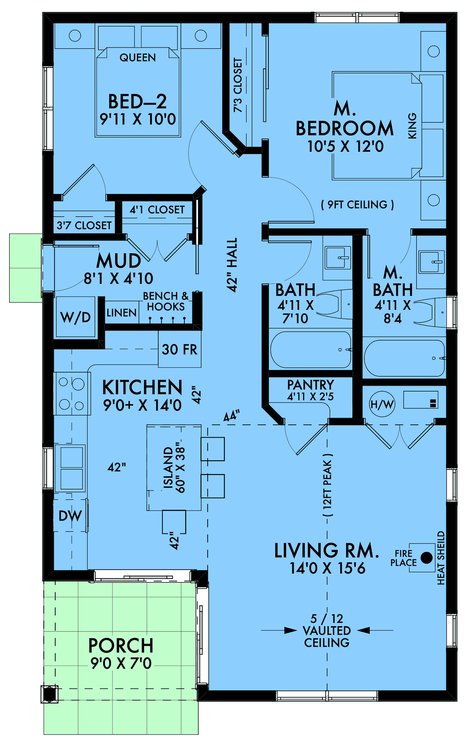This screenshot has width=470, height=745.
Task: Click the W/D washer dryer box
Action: click(76, 317)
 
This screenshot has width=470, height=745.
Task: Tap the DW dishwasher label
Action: click(70, 516)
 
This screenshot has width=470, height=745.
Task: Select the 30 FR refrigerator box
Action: click(180, 349)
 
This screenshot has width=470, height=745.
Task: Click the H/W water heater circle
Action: click(382, 404)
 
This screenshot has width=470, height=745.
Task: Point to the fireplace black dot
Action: click(427, 558)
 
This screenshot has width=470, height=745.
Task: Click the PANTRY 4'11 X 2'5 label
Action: click(311, 390)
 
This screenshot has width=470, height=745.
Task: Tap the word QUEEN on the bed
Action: click(137, 58)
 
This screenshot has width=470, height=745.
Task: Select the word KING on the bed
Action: click(412, 126)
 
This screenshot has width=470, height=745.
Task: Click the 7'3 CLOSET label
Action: click(238, 85)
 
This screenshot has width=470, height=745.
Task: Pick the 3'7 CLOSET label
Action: click(84, 226)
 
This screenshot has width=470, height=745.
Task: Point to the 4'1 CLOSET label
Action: click(157, 210)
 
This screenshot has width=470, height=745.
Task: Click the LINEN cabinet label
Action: click(121, 313)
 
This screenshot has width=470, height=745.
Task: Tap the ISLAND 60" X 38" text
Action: click(174, 468)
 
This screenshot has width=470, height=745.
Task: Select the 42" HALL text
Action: click(232, 265)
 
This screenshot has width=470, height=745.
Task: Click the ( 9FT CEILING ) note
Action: click(357, 204)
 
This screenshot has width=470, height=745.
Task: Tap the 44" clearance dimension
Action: click(231, 416)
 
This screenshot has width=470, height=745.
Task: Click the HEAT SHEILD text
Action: click(441, 558)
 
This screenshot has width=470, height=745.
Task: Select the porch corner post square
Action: click(49, 694)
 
